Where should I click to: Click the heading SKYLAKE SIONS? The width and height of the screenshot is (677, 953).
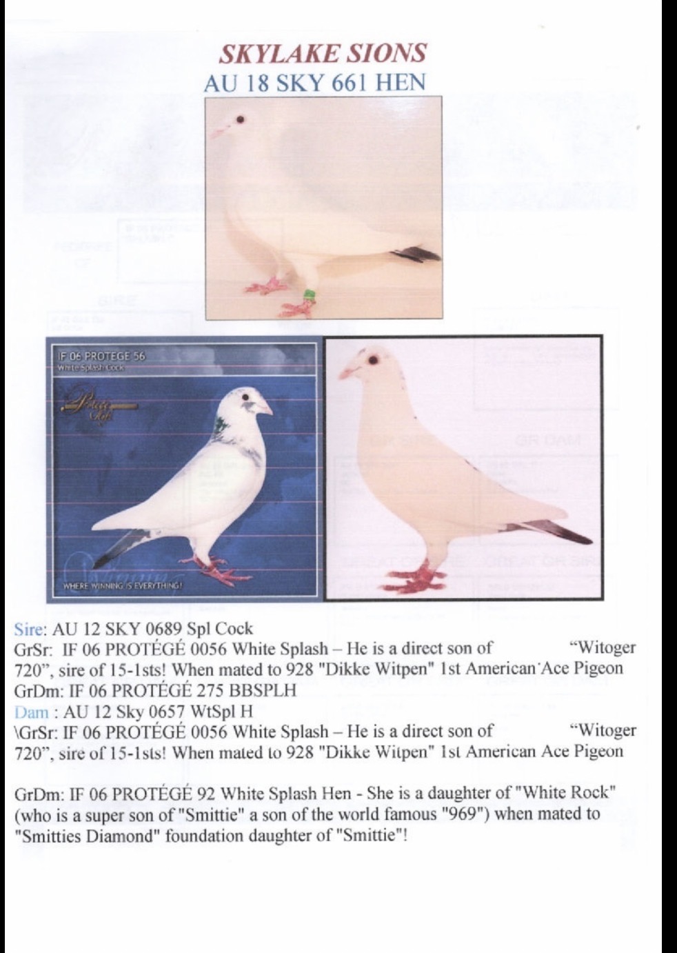tap(323, 53)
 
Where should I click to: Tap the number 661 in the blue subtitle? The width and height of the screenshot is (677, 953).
tap(350, 83)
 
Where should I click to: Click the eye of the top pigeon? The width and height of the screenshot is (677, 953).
tap(240, 119)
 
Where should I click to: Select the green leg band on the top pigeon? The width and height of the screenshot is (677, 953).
tap(310, 297)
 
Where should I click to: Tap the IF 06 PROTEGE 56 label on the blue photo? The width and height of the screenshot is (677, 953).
tap(102, 356)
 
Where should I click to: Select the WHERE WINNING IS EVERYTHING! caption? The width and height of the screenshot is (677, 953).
tap(123, 586)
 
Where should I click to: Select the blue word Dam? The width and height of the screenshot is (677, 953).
tap(31, 710)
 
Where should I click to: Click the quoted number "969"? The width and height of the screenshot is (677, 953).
tap(465, 814)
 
